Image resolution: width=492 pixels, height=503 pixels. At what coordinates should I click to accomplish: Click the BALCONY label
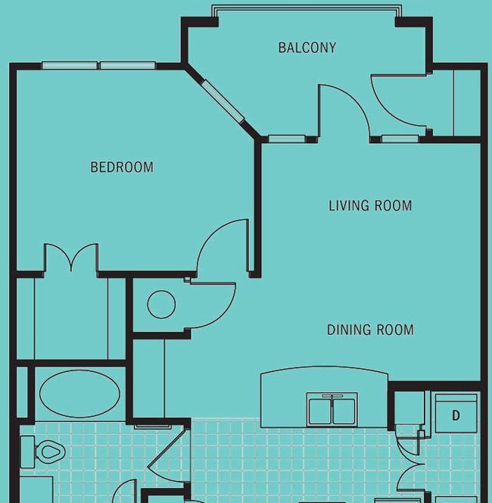(307, 48)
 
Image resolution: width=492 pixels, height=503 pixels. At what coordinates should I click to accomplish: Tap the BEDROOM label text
(122, 167)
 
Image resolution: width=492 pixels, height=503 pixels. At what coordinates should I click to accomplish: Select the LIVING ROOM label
(370, 205)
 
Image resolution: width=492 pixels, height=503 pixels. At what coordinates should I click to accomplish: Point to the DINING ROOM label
(370, 330)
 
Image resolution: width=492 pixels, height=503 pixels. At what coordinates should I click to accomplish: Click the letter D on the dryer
(456, 415)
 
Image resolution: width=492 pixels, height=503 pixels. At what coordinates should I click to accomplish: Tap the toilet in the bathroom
(43, 451)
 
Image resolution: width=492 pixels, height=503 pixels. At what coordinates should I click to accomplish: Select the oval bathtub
(79, 394)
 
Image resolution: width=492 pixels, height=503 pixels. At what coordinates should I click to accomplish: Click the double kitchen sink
(332, 410)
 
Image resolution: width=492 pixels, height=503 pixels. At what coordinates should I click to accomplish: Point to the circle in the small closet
(161, 304)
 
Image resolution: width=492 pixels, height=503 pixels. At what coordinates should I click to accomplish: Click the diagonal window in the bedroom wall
(223, 101)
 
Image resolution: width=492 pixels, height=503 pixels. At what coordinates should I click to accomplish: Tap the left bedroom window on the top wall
(70, 65)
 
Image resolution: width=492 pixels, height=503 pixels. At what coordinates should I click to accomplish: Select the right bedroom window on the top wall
(128, 65)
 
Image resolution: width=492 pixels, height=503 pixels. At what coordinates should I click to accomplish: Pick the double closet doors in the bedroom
(71, 257)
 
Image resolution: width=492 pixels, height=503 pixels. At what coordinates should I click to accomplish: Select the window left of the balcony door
(287, 139)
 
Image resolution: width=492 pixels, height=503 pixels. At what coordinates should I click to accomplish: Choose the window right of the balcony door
(400, 139)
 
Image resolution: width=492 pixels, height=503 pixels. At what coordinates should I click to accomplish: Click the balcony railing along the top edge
(307, 8)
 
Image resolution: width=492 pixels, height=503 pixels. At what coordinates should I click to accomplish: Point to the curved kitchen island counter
(324, 372)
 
